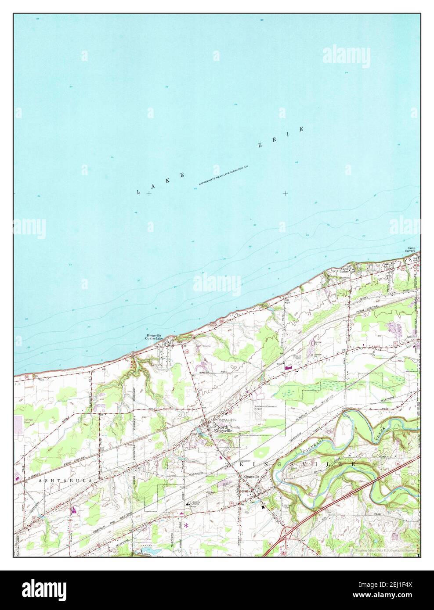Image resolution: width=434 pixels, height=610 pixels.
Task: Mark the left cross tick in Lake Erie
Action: (x=150, y=193)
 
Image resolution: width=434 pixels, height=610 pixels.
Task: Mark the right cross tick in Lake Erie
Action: (x=286, y=193)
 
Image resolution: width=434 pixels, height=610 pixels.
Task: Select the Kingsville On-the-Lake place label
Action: (x=154, y=337)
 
